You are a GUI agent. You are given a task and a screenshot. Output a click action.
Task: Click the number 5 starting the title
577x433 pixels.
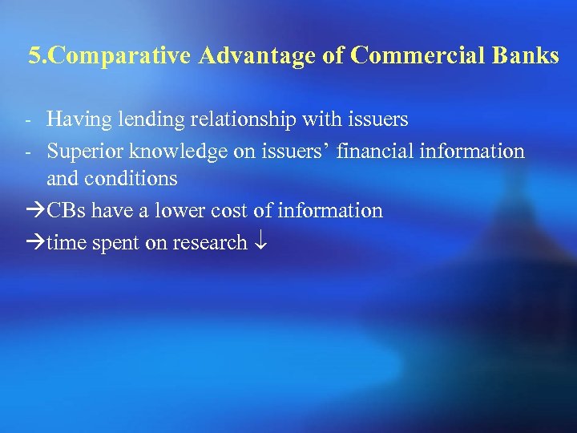click(x=34, y=56)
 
